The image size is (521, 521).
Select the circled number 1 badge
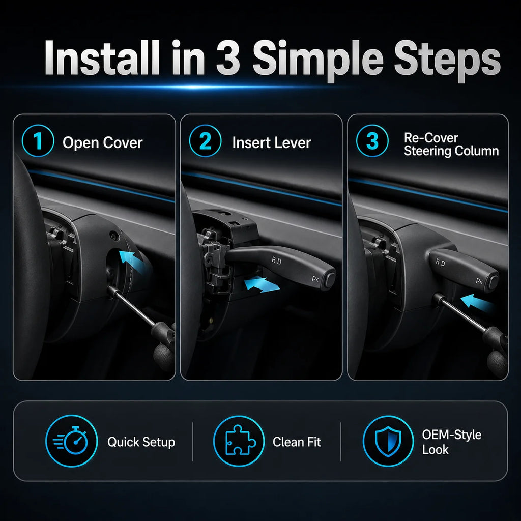pyautogui.click(x=38, y=140)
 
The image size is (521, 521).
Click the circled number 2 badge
pyautogui.click(x=205, y=140)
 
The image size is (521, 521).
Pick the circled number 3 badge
pyautogui.click(x=372, y=140)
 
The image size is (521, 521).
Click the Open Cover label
pyautogui.click(x=103, y=143)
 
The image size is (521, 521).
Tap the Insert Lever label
pyautogui.click(x=272, y=143)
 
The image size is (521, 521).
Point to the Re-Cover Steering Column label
pyautogui.click(x=451, y=144)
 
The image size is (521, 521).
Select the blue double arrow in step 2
pyautogui.click(x=262, y=284)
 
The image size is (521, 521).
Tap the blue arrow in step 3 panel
pyautogui.click(x=475, y=302)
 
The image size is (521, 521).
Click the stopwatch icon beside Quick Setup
pyautogui.click(x=71, y=441)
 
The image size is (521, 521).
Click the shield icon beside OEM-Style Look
pyautogui.click(x=388, y=441)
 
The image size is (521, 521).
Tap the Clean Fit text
pyautogui.click(x=297, y=442)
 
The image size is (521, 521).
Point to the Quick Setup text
pyautogui.click(x=141, y=442)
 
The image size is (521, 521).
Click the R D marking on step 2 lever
pyautogui.click(x=276, y=261)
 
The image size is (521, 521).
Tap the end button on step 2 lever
pyautogui.click(x=330, y=280)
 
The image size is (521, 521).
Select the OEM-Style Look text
pyautogui.click(x=452, y=442)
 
